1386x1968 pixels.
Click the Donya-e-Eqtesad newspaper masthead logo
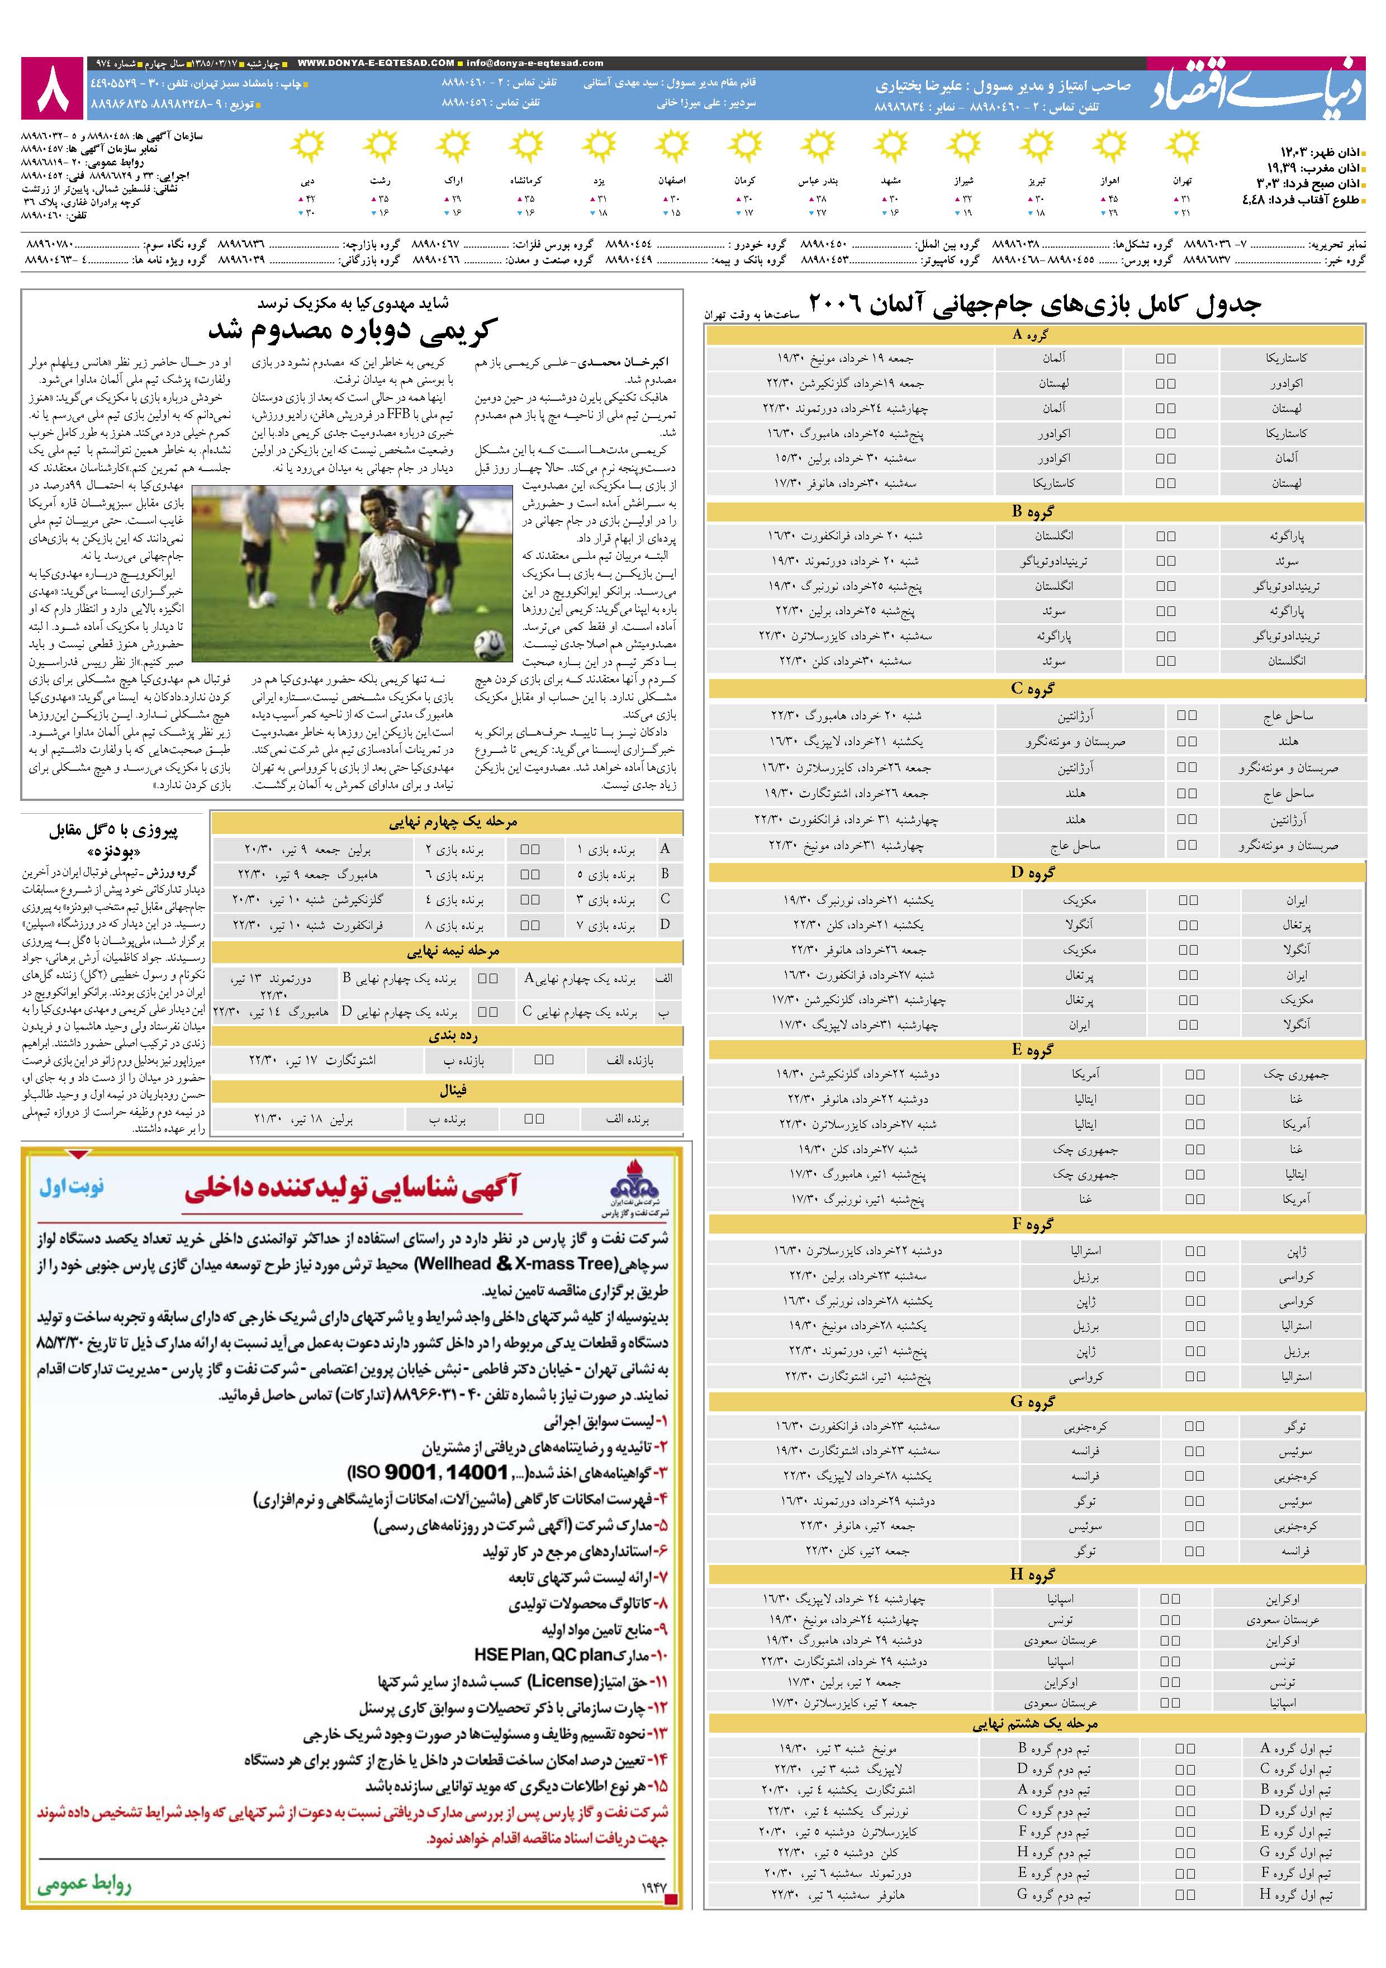coord(1256,89)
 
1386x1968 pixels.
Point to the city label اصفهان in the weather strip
coord(672,181)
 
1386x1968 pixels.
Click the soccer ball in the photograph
coord(490,641)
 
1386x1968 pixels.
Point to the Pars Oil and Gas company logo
coord(633,1192)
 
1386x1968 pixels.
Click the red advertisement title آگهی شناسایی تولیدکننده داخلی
coord(352,1187)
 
